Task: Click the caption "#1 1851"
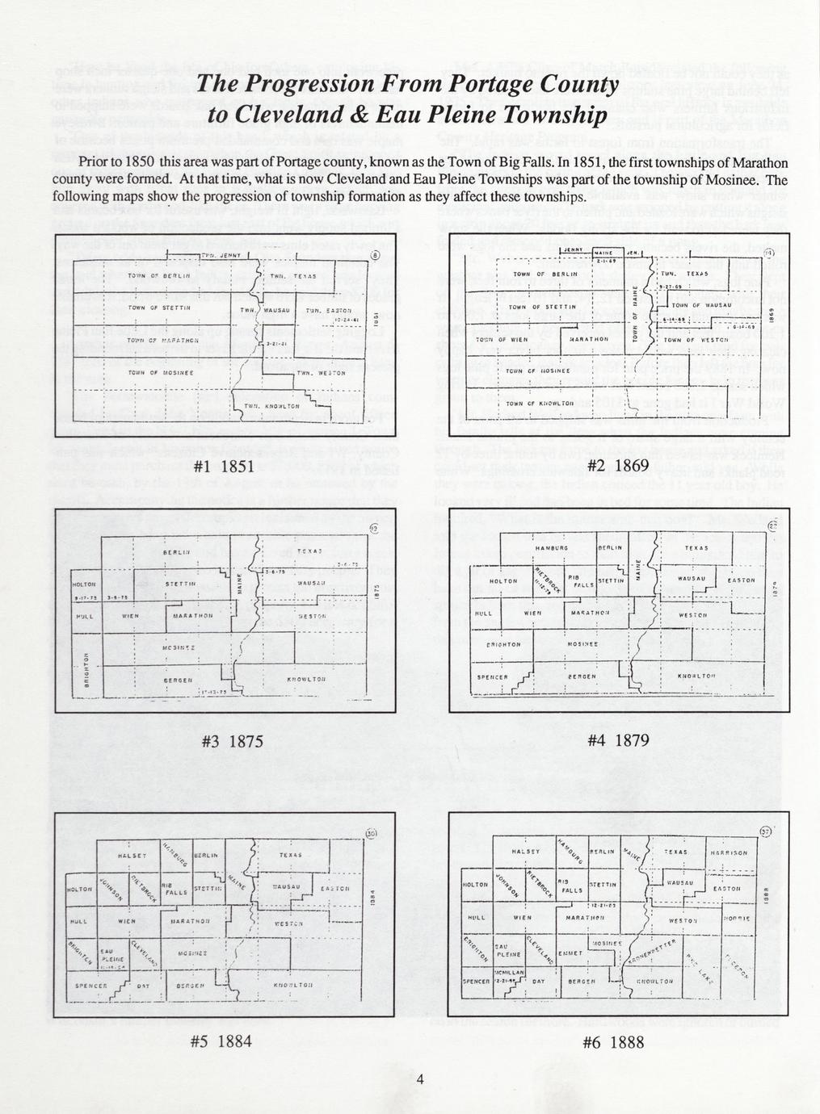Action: point(226,466)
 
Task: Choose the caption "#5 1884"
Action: point(221,1041)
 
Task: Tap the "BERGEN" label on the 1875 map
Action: point(181,681)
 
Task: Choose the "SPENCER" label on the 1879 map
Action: point(491,676)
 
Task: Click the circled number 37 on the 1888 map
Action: point(767,832)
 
